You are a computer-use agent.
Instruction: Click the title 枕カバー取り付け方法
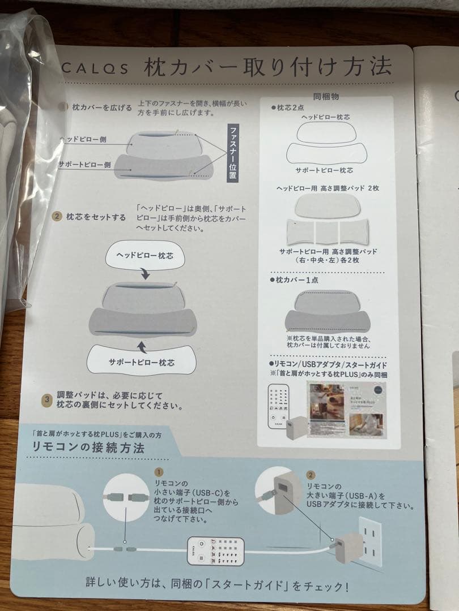point(267,67)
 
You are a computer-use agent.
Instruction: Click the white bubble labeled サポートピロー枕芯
point(142,360)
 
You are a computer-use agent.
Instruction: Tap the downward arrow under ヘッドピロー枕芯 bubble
point(145,274)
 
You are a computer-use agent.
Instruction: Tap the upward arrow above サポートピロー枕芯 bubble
point(142,343)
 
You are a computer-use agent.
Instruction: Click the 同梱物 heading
point(326,97)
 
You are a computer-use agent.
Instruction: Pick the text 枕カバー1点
point(295,280)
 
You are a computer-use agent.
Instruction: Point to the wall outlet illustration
point(366,541)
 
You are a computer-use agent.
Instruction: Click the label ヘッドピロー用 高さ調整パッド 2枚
point(327,188)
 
